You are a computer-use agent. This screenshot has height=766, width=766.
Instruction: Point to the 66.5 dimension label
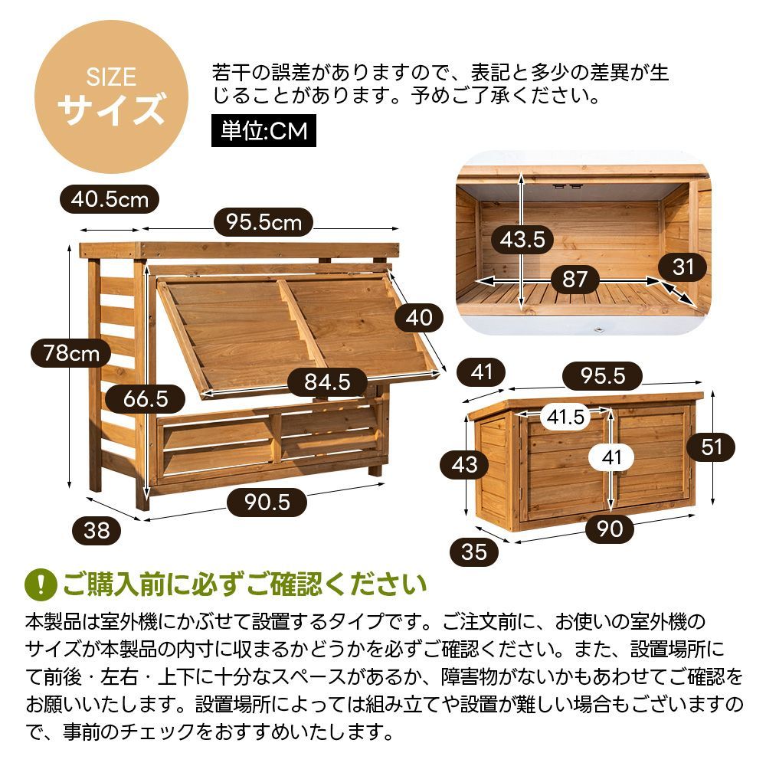(x=145, y=398)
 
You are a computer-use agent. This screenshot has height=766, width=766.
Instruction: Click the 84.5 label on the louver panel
(x=327, y=381)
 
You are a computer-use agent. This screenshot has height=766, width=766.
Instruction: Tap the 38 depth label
(x=97, y=529)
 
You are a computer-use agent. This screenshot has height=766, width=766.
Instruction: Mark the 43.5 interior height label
(x=522, y=240)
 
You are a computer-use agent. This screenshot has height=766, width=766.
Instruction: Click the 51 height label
(x=712, y=446)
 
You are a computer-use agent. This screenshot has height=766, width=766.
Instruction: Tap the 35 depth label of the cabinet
(x=474, y=552)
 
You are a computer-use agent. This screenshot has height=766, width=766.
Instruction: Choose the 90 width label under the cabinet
(x=610, y=529)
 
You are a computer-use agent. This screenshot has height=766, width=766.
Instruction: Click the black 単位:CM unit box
(x=264, y=131)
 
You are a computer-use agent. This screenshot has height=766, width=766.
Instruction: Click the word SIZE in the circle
(x=110, y=77)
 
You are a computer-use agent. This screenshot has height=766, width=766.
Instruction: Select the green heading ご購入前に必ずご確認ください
(x=244, y=584)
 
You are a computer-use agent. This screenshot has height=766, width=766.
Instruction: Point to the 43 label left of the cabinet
(x=464, y=464)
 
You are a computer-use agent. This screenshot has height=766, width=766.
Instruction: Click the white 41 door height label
(x=611, y=458)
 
